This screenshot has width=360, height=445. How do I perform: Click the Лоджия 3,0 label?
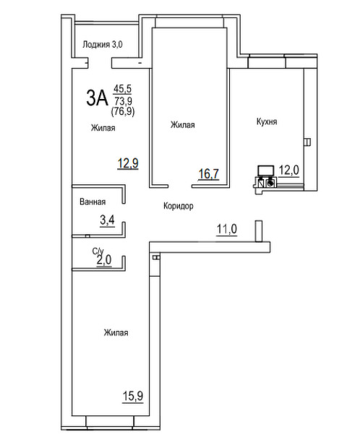pyautogui.click(x=103, y=45)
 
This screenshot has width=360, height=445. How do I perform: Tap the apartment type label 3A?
pyautogui.click(x=97, y=98)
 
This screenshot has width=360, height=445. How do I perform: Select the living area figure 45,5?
pyautogui.click(x=122, y=89)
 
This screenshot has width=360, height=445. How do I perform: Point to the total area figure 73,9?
pyautogui.click(x=123, y=101)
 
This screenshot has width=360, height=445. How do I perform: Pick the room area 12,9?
pyautogui.click(x=128, y=163)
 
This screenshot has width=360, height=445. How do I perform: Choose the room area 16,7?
pyautogui.click(x=209, y=173)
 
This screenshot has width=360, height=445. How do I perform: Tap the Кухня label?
pyautogui.click(x=267, y=122)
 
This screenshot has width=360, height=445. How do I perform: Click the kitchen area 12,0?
pyautogui.click(x=288, y=170)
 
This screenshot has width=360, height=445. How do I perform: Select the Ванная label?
pyautogui.click(x=93, y=202)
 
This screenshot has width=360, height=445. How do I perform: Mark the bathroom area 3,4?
pyautogui.click(x=107, y=220)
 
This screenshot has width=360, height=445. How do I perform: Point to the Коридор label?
pyautogui.click(x=179, y=206)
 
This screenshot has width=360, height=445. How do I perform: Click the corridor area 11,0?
pyautogui.click(x=227, y=229)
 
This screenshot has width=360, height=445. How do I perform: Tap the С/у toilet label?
pyautogui.click(x=98, y=251)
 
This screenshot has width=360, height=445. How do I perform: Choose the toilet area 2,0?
pyautogui.click(x=104, y=260)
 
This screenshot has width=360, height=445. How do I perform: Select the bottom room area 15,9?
pyautogui.click(x=133, y=396)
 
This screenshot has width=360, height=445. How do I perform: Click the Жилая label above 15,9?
pyautogui.click(x=116, y=332)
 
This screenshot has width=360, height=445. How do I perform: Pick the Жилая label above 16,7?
pyautogui.click(x=183, y=125)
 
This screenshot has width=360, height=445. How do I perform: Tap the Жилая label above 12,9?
pyautogui.click(x=103, y=128)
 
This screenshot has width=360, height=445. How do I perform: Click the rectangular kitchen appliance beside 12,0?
pyautogui.click(x=266, y=170)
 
